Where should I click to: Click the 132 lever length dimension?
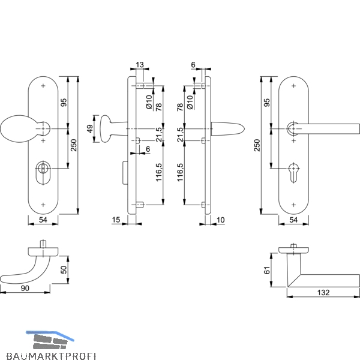[x=323, y=292]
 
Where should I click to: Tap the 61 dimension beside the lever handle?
[x=267, y=270]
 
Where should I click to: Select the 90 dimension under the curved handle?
[x=25, y=288]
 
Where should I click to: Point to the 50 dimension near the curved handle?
[x=64, y=269]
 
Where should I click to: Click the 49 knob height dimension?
[x=90, y=128]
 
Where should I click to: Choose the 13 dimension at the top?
[x=140, y=65]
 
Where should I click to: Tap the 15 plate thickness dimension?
[x=116, y=220]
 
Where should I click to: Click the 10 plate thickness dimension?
[x=220, y=220]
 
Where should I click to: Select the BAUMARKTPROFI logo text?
[x=51, y=356]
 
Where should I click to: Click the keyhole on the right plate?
[x=293, y=172]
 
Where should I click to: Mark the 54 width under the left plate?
[x=43, y=220]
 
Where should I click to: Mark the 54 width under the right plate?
[x=293, y=220]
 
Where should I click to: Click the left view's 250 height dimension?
[x=73, y=145]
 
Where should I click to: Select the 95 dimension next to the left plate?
[x=64, y=103]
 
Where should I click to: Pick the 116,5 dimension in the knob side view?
[x=159, y=172]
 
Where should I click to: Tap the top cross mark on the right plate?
[x=293, y=86]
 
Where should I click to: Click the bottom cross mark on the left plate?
[x=43, y=205]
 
